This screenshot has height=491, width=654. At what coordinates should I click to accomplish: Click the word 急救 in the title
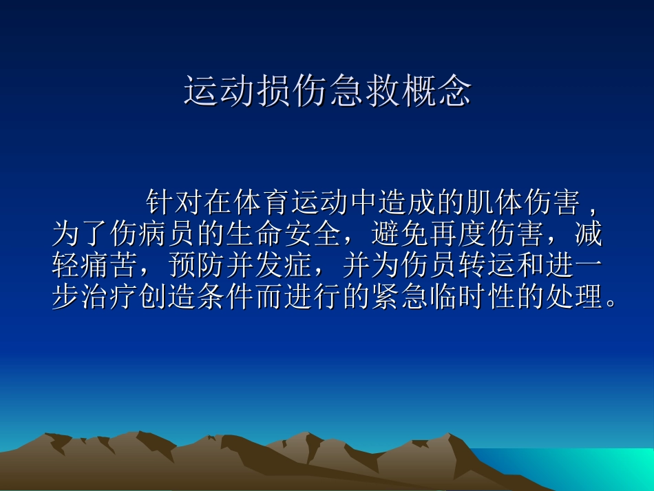363,92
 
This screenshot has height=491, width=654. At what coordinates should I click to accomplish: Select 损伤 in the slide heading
291,92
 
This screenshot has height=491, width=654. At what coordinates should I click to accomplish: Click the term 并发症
283,268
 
